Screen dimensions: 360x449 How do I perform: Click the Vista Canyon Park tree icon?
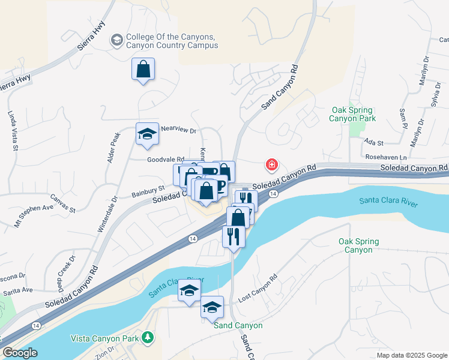pos(148,339)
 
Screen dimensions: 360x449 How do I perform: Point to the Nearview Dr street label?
pos(178,131)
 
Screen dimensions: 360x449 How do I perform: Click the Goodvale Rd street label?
pos(166,160)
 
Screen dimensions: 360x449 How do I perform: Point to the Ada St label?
pos(374,143)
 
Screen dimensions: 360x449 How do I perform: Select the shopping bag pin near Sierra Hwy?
pos(143,70)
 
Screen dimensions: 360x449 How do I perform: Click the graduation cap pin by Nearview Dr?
pos(147,134)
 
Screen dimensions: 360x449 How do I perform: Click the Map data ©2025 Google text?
pos(412,355)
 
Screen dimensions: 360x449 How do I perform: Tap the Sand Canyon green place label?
pos(238,325)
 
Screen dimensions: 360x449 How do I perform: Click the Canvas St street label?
pos(62,204)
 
